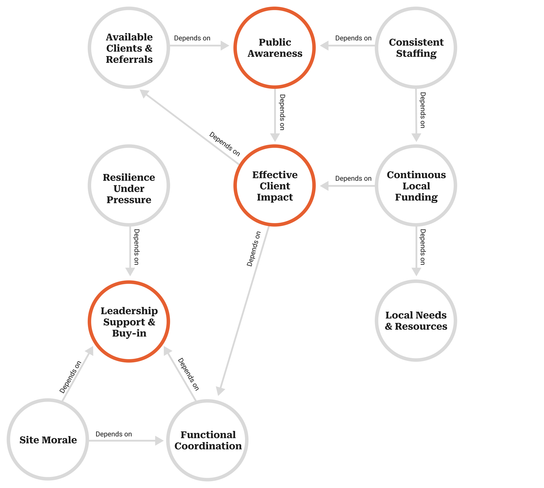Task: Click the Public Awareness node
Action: pyautogui.click(x=274, y=48)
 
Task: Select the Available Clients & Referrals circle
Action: pyautogui.click(x=129, y=48)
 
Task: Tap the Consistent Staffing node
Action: pyautogui.click(x=416, y=48)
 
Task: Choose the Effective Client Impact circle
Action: pyautogui.click(x=274, y=186)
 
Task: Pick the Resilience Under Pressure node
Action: pyautogui.click(x=129, y=186)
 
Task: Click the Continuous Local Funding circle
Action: pyautogui.click(x=416, y=186)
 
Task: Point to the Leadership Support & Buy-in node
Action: pyautogui.click(x=129, y=322)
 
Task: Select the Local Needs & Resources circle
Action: pyautogui.click(x=416, y=321)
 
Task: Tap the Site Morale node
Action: pyautogui.click(x=48, y=440)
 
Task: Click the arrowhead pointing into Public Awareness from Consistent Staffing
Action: pyautogui.click(x=324, y=46)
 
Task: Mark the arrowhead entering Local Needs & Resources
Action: pyautogui.click(x=416, y=272)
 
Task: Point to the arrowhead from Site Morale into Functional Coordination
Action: pyautogui.click(x=160, y=441)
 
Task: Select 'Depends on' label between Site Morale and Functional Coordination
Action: pyautogui.click(x=114, y=434)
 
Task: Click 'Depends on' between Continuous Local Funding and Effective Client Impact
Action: pyautogui.click(x=353, y=179)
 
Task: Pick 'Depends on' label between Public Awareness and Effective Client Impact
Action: pyautogui.click(x=282, y=112)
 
